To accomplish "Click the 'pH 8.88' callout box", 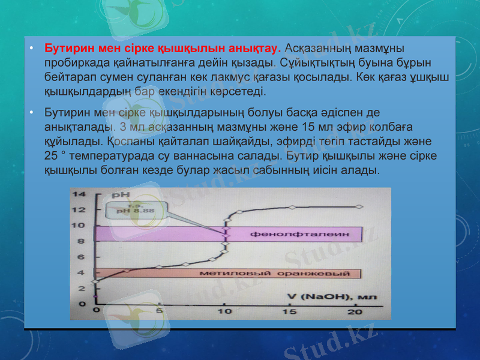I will point(134,209).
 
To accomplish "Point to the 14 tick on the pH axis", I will point(79,194).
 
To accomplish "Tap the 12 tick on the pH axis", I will point(79,209).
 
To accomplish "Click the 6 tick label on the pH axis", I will point(82,257).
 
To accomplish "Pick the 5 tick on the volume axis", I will point(160,312).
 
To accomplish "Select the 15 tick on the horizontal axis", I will point(289,312).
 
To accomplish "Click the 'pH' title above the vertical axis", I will point(121,196).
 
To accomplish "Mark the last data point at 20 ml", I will point(359,207).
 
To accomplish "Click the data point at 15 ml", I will point(292,208).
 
